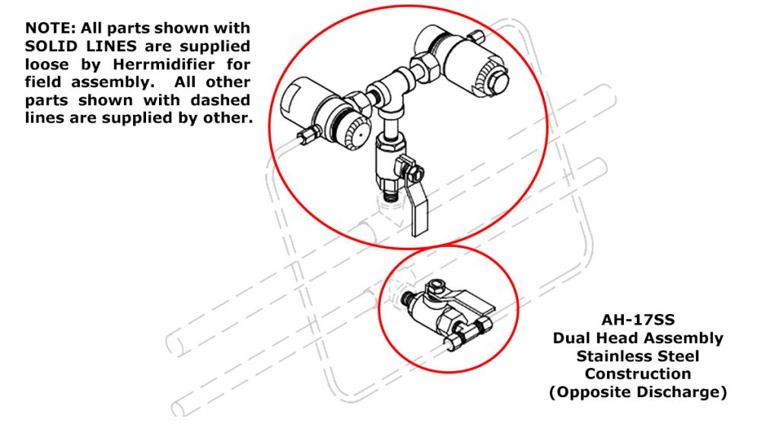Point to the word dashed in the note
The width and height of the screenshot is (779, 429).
coord(220,100)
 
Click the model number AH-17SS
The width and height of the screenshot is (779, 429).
coord(638,319)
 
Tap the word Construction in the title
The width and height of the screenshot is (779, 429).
coord(638,373)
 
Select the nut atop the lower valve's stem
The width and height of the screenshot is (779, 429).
coord(435,287)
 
